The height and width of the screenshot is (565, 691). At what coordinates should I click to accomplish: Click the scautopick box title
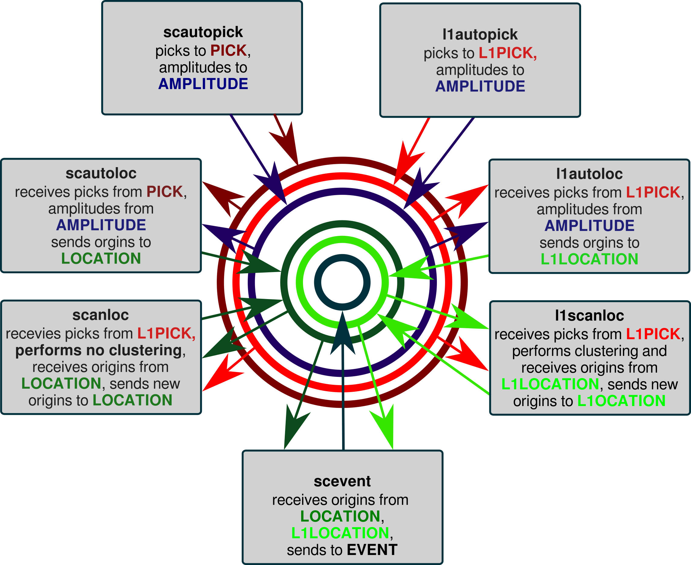(x=203, y=32)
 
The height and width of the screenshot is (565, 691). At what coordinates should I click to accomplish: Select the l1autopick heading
(x=480, y=35)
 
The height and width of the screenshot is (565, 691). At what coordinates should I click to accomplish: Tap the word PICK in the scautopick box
(x=229, y=50)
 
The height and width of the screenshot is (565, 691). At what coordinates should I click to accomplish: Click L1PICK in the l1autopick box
(x=507, y=53)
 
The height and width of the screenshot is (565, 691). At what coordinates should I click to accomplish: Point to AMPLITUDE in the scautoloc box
(x=101, y=225)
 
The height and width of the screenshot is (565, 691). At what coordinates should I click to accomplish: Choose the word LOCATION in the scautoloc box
(x=101, y=259)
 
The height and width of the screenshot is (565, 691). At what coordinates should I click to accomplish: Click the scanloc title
(x=100, y=315)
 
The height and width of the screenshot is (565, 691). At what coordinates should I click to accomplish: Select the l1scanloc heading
(x=589, y=316)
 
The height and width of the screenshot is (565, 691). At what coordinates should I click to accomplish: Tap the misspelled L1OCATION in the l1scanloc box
(x=621, y=401)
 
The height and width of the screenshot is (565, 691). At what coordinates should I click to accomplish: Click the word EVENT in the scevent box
(x=372, y=550)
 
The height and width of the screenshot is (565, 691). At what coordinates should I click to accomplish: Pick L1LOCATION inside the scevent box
(x=340, y=533)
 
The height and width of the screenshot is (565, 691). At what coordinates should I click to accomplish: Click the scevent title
(x=342, y=481)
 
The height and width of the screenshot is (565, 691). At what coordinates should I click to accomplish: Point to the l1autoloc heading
(x=589, y=174)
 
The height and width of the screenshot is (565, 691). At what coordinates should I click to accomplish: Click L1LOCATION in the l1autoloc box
(x=589, y=259)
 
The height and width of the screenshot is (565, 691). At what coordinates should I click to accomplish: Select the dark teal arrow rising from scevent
(x=343, y=391)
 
